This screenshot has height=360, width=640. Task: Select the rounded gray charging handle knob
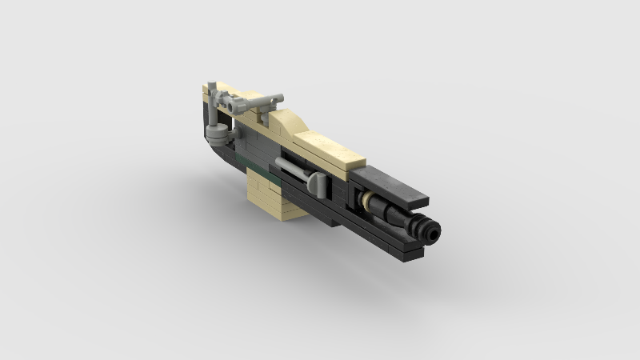click(318, 185)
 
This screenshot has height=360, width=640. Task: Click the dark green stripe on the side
click(254, 167)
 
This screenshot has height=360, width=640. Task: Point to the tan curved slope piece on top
click(290, 123)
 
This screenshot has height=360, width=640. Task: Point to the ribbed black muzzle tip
click(429, 226)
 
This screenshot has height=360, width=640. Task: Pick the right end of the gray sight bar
click(277, 95)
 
